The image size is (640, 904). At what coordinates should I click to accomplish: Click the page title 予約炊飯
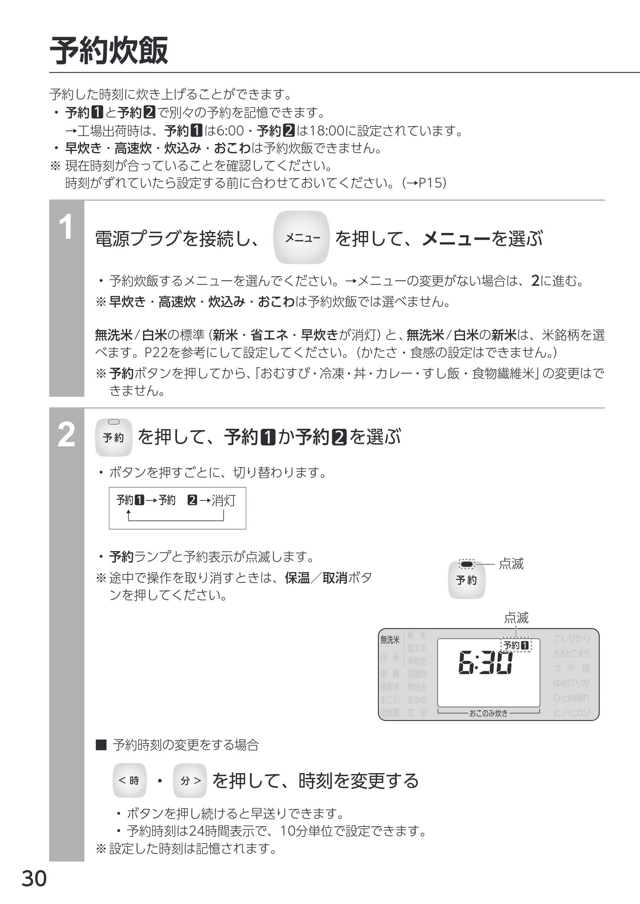coord(109,51)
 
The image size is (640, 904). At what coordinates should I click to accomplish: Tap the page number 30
coord(34,878)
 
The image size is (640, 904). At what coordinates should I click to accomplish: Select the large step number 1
coord(66,227)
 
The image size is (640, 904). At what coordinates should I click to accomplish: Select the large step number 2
coord(66,435)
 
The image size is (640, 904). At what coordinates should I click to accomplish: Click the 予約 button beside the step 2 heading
coord(114,437)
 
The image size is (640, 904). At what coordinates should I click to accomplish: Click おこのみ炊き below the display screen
coord(488,713)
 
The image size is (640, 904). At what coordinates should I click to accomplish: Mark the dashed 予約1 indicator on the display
coord(516,645)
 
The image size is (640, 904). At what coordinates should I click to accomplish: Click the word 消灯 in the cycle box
coord(223,500)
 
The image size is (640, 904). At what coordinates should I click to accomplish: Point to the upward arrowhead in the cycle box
coord(128,512)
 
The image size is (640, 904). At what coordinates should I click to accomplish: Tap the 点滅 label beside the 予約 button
coord(511,564)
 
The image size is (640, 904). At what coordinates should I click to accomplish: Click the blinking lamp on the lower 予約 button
coord(467,565)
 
